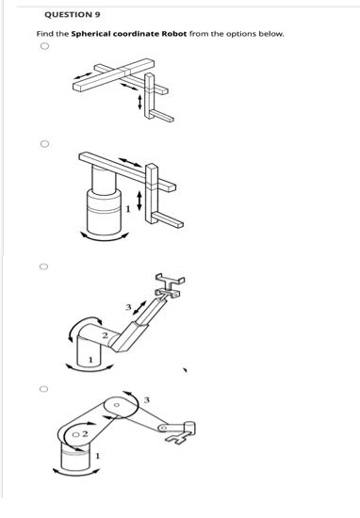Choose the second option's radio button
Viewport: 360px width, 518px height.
(43, 145)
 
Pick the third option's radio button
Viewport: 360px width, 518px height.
(43, 267)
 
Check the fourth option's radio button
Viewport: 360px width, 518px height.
(43, 386)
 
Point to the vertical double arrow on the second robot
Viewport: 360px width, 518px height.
(141, 199)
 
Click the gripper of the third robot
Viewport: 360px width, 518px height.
(170, 282)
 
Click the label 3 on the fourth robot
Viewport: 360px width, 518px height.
(146, 400)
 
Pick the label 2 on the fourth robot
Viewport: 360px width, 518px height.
(83, 435)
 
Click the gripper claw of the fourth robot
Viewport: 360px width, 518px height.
(189, 431)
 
